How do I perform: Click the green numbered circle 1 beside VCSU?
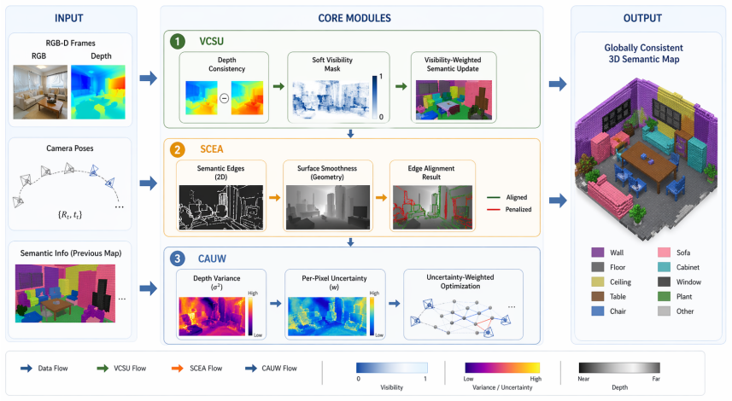[x=178, y=42]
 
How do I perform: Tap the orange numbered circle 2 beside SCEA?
[x=178, y=149]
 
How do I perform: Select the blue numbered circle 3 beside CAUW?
[x=178, y=259]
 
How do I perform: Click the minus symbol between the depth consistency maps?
[x=224, y=98]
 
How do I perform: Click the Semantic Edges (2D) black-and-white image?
[x=221, y=207]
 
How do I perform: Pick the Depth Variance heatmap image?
[x=213, y=317]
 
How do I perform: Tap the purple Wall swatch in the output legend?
[x=598, y=253]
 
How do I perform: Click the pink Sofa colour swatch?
[x=664, y=253]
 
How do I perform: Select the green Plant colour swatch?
[x=664, y=297]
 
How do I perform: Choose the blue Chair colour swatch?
[x=598, y=311]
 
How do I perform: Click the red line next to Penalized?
[x=494, y=209]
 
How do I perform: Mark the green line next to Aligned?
[x=494, y=197]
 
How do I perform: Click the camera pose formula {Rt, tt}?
[x=70, y=215]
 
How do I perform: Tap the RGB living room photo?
[x=40, y=92]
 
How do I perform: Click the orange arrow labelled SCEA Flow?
[x=178, y=369]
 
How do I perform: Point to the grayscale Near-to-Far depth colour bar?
[x=619, y=368]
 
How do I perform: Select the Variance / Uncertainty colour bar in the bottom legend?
[x=502, y=368]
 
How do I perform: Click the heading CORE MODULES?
[x=354, y=18]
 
